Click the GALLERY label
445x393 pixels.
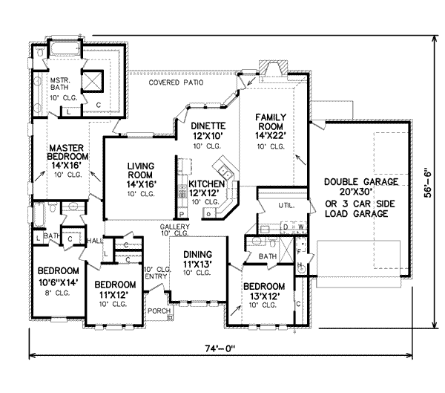(x=175, y=227)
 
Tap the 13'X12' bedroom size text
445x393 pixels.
(x=264, y=296)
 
